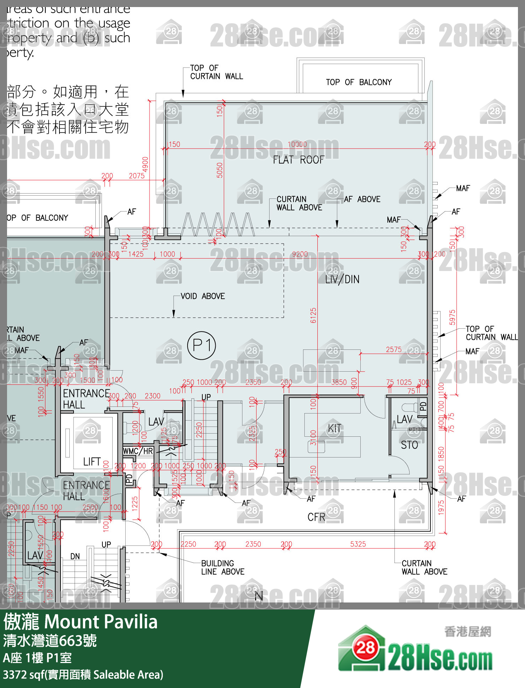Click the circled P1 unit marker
[x=202, y=345]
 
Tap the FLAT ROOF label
[x=298, y=160]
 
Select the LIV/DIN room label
[x=342, y=279]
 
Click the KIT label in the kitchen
[x=334, y=428]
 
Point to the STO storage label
[x=409, y=445]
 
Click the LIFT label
[x=92, y=462]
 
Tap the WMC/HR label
[x=138, y=451]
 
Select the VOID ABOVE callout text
[x=203, y=296]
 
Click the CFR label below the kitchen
[x=316, y=517]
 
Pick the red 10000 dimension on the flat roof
[x=297, y=144]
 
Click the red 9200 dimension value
[x=300, y=254]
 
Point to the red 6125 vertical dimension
[x=313, y=315]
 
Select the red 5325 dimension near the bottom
[x=358, y=544]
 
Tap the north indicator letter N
[x=259, y=596]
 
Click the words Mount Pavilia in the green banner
[x=101, y=622]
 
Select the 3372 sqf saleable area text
[x=83, y=675]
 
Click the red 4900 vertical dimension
[x=145, y=164]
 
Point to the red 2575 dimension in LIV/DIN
[x=393, y=349]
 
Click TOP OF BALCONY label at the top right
[x=358, y=82]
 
